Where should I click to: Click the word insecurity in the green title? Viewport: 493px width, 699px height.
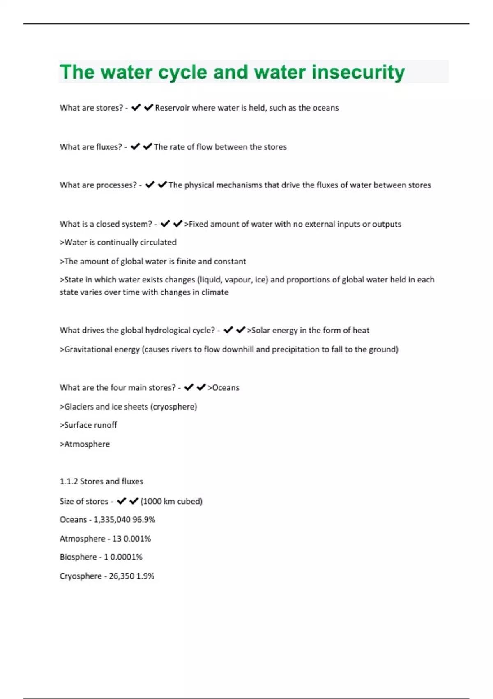358,72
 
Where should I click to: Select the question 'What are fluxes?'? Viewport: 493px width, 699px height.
91,147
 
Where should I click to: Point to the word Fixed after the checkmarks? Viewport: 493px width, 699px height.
198,224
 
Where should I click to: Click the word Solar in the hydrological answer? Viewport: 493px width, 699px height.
260,330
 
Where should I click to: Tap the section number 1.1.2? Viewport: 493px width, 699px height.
68,481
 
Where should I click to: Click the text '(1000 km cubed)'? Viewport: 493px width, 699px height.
171,501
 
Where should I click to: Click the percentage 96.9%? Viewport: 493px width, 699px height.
144,519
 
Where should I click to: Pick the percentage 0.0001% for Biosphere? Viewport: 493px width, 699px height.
126,557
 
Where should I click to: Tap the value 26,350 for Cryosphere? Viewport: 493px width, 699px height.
121,576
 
